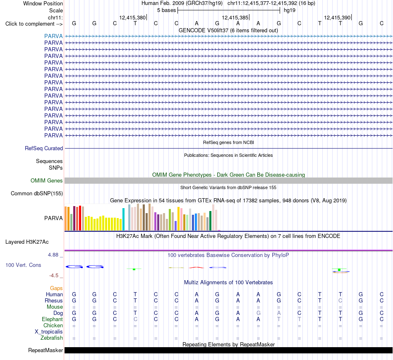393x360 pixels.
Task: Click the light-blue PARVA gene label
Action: point(53,36)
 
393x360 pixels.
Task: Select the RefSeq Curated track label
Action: point(44,148)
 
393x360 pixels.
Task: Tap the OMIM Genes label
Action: point(47,180)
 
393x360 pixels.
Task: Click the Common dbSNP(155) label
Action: point(37,193)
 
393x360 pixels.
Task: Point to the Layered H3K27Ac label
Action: point(27,242)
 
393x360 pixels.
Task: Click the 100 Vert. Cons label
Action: point(23,265)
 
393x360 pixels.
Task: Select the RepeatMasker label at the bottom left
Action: point(46,350)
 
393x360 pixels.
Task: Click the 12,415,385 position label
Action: point(235,17)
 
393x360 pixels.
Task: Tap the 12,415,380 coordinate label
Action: point(132,17)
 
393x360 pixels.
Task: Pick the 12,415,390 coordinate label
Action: point(337,17)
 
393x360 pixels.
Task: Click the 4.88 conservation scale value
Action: point(53,255)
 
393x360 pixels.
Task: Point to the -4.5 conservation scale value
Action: point(54,276)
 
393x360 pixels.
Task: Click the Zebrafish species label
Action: point(52,338)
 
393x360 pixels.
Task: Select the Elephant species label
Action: point(53,319)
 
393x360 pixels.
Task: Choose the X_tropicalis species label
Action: point(49,332)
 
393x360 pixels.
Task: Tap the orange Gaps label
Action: point(56,288)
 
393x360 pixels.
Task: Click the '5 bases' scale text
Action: point(167,10)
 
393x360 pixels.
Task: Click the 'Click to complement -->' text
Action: point(34,24)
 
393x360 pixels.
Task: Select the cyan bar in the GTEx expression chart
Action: point(123,219)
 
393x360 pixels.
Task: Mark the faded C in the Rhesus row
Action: point(340,300)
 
